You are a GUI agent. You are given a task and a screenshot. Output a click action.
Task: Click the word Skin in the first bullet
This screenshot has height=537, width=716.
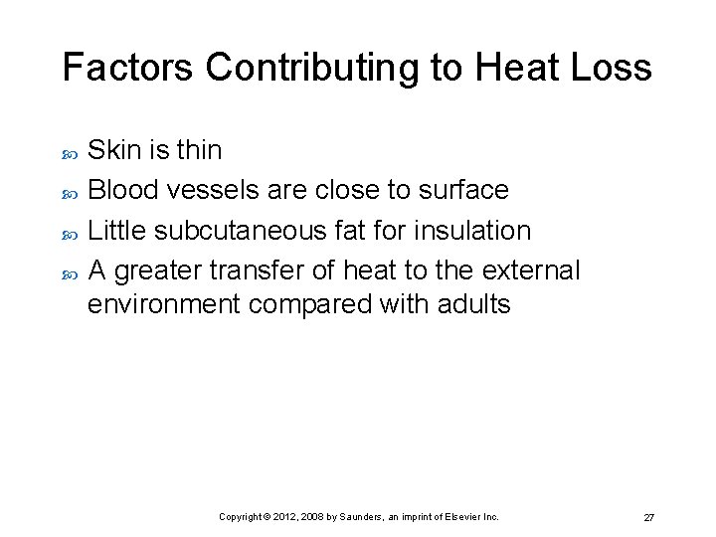click(x=115, y=150)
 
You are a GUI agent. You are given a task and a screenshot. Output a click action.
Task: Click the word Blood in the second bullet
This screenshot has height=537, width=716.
click(x=121, y=190)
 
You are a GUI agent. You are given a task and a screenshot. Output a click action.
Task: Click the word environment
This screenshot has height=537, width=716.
click(x=163, y=304)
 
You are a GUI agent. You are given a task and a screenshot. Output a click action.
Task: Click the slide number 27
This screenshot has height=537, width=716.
click(x=648, y=518)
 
